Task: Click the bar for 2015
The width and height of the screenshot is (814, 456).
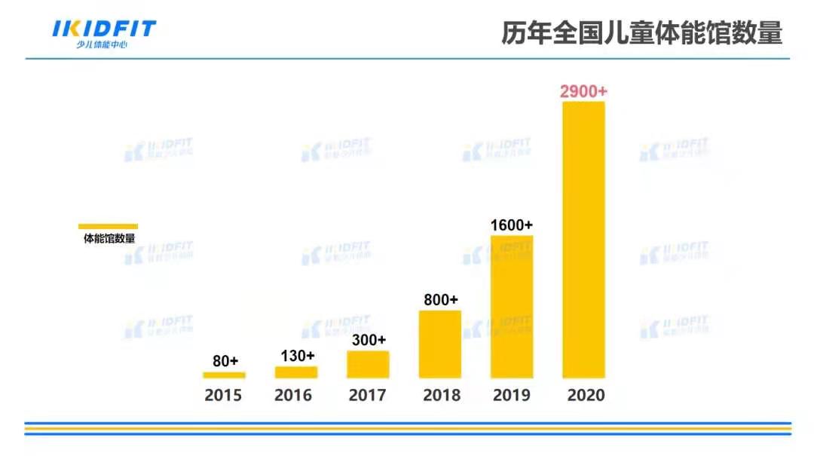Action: pos(224,375)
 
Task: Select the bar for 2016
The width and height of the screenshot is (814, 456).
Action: pos(296,372)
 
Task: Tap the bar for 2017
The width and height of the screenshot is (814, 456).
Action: pos(368,364)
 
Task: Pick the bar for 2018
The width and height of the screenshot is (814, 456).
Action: pos(440,344)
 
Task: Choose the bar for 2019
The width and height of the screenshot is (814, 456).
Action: pos(512,306)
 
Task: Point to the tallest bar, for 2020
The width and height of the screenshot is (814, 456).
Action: pos(584,240)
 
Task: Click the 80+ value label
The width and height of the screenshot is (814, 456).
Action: pos(225,361)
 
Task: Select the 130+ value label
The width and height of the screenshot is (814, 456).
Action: pos(296,355)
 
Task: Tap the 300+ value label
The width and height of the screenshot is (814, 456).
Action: pos(369,340)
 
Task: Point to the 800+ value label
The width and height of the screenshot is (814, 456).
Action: pos(441,299)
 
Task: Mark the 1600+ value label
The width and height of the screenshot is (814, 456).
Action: pos(512,225)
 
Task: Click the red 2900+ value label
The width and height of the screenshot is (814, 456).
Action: pos(583,91)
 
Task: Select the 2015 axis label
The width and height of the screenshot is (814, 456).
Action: pos(223,395)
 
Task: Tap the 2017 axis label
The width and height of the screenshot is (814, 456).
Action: pos(368,395)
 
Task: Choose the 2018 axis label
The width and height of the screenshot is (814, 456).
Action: pos(442,395)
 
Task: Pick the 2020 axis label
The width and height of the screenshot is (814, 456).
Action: pos(586,395)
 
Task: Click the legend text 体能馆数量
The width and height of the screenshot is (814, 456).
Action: pos(109,239)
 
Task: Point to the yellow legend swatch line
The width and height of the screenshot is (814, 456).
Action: pos(109,226)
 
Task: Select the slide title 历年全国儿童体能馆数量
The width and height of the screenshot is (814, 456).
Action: pos(641,34)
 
